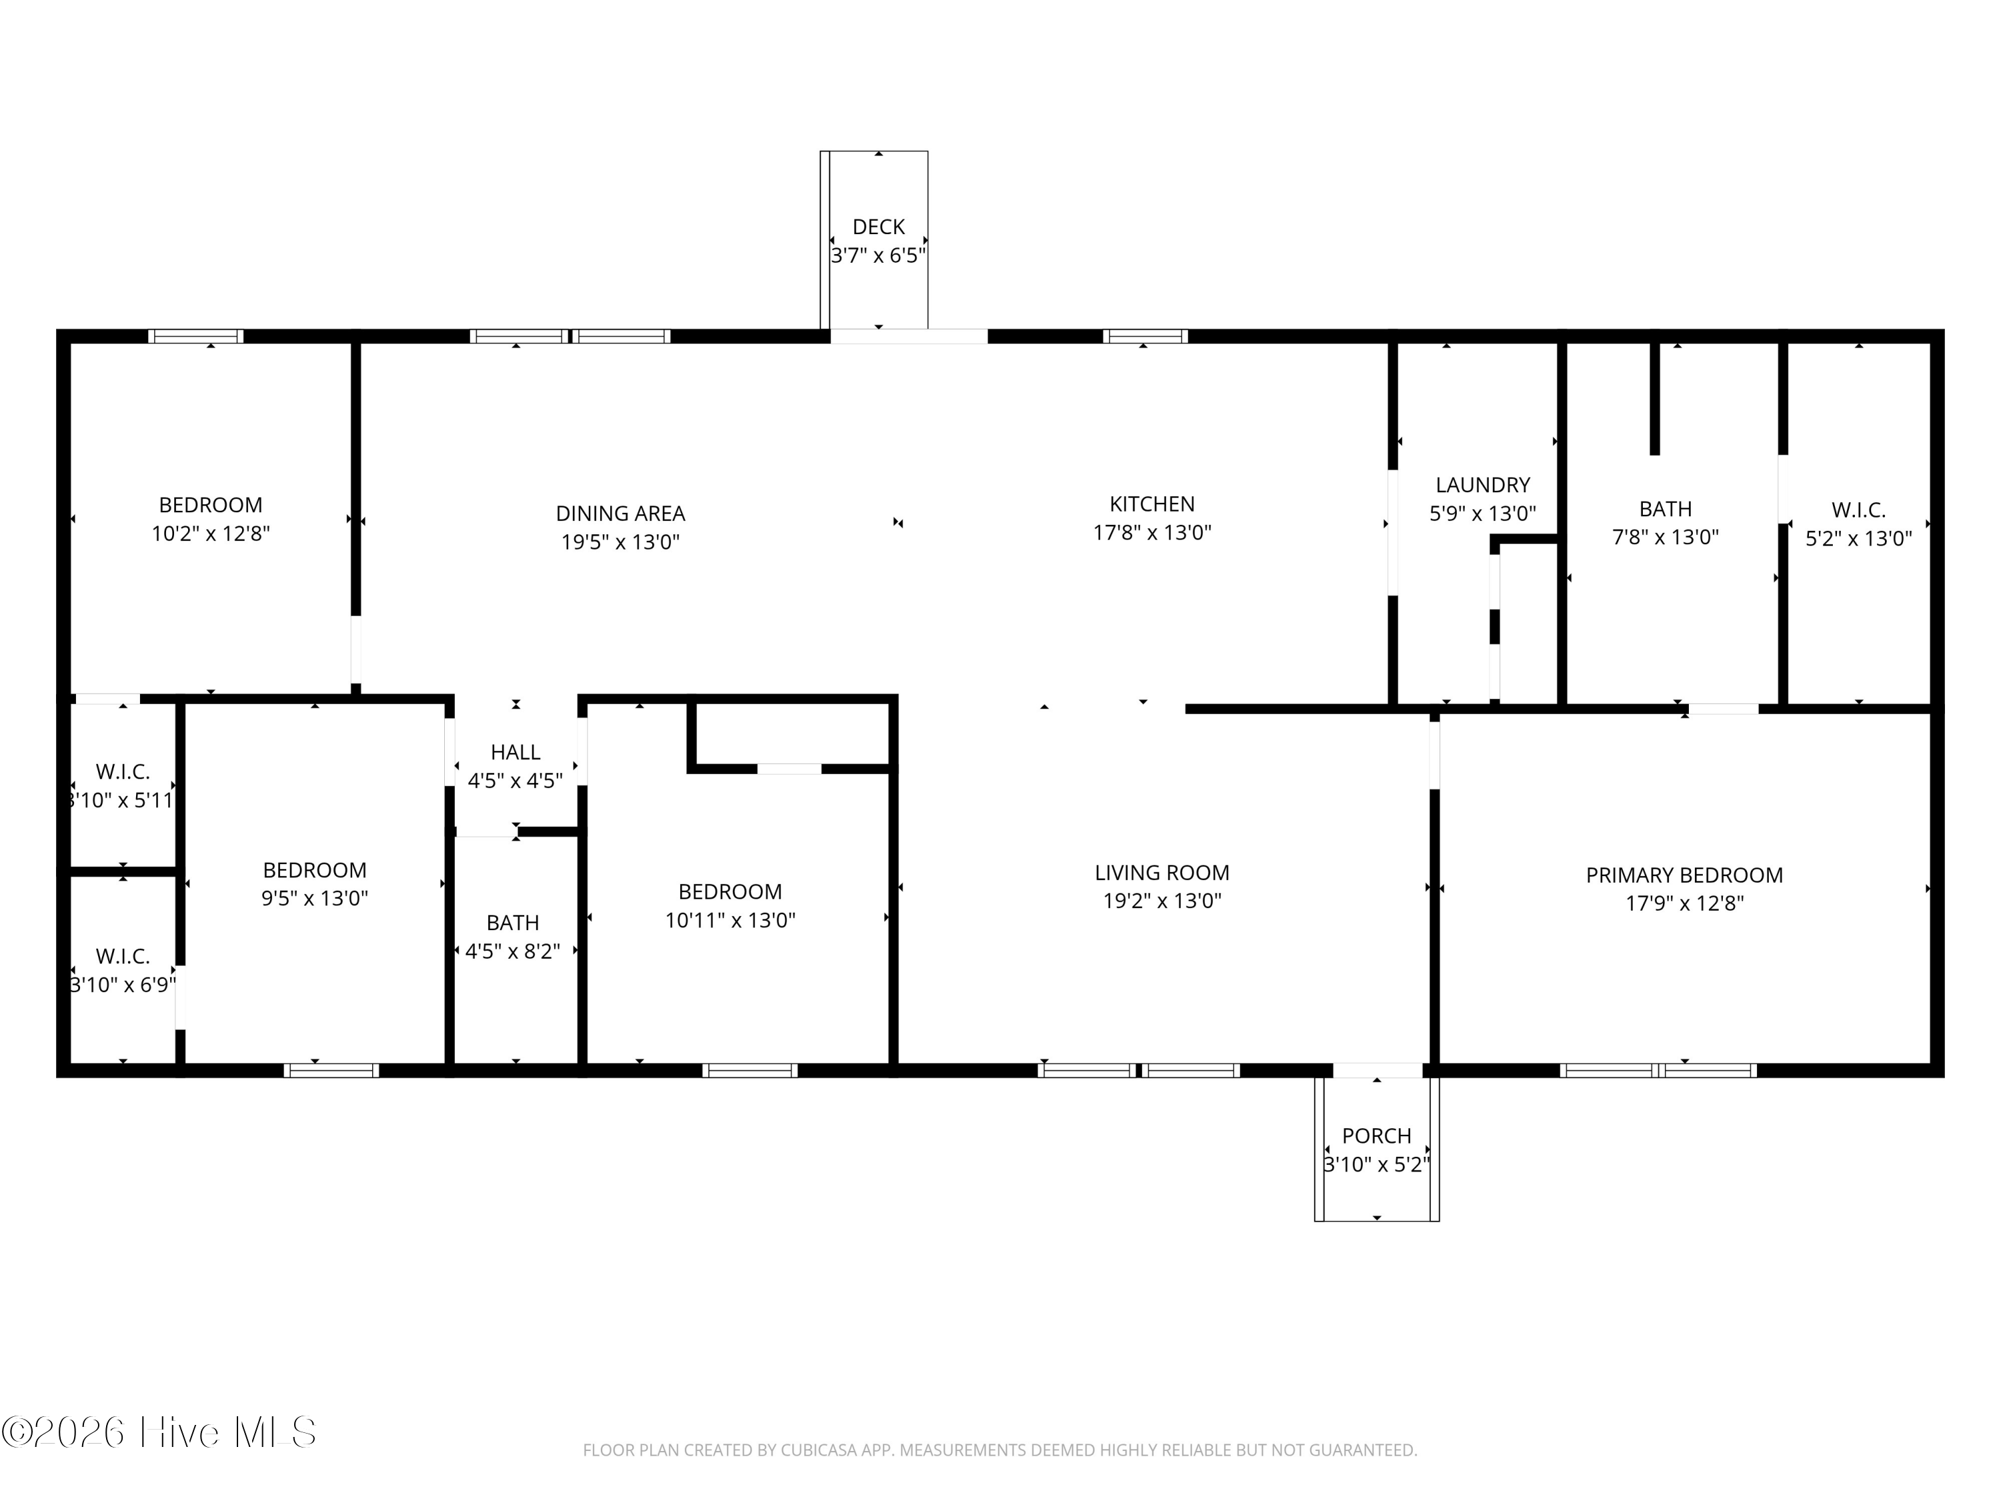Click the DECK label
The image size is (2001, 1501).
click(878, 227)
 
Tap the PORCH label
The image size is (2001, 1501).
click(1376, 1135)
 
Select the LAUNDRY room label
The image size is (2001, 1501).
click(1483, 485)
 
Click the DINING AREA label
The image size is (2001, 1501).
click(620, 514)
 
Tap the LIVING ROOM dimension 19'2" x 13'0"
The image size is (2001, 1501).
click(1163, 901)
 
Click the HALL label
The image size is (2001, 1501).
click(516, 752)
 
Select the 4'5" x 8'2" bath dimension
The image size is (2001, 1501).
click(513, 951)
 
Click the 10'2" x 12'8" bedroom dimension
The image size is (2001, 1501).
click(211, 534)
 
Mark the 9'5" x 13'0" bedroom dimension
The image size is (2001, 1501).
click(315, 899)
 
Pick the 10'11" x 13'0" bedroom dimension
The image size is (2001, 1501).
click(730, 920)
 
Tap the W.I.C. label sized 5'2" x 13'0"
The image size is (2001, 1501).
click(1859, 510)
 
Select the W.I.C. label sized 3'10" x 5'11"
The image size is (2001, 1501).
click(123, 772)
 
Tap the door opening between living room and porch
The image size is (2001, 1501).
click(1377, 1070)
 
